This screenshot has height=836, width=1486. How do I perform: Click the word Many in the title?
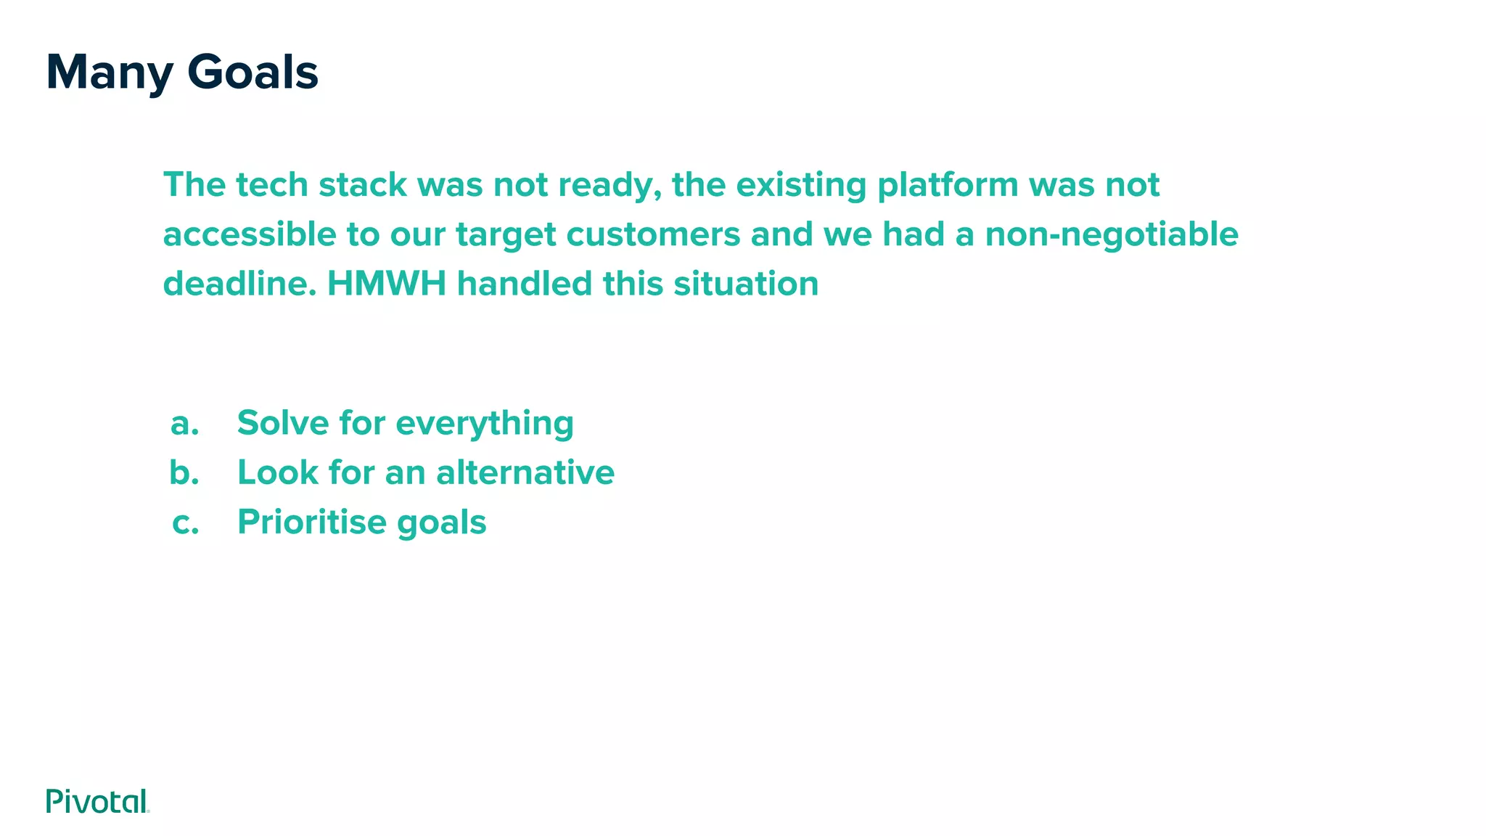point(110,73)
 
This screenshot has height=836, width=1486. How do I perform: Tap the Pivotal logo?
point(97,801)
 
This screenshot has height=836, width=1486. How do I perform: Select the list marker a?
point(184,423)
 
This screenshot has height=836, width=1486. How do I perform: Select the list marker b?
point(184,472)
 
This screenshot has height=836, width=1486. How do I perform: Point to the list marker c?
point(186,522)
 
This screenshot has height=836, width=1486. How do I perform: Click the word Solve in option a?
point(282,422)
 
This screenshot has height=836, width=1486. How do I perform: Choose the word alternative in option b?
point(525,472)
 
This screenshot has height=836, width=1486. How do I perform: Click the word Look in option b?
point(278,472)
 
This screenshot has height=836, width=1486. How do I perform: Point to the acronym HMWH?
point(387,284)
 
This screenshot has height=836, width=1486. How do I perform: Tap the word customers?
point(653,234)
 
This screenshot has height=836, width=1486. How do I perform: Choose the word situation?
point(746,284)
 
